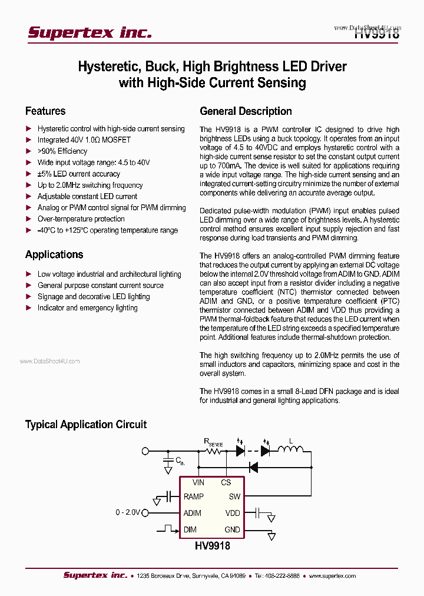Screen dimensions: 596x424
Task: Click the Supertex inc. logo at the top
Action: point(90,32)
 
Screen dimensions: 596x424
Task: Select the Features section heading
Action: point(45,111)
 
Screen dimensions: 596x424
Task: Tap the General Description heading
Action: point(246,111)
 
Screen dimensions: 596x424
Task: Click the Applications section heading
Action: point(54,254)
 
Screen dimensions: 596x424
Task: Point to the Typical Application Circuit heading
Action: point(85,425)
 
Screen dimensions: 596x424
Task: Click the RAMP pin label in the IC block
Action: point(193,497)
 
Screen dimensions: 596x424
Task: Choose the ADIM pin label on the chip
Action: point(193,513)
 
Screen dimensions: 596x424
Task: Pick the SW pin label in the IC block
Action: point(234,497)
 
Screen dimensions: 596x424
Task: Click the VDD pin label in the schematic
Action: point(233,513)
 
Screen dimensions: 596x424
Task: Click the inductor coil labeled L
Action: point(290,451)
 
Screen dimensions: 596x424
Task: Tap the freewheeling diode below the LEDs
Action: point(253,467)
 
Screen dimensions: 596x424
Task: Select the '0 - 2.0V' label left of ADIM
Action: point(128,513)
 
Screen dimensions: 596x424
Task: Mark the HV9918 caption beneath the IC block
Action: point(212,546)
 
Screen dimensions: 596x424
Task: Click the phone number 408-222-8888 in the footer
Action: point(279,576)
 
